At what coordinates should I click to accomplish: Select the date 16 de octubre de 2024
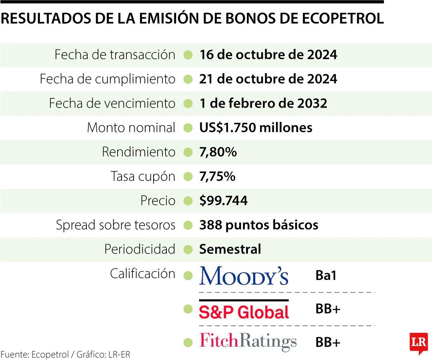tap(268, 55)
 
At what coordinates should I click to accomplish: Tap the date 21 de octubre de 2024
tap(268, 79)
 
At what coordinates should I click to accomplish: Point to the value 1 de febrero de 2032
tap(263, 104)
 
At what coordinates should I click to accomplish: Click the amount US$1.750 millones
tap(256, 128)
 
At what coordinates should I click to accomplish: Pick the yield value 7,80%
tap(218, 152)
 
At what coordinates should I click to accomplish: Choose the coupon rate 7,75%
tap(217, 177)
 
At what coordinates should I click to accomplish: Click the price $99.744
tap(223, 201)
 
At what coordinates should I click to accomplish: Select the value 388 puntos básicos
tap(258, 225)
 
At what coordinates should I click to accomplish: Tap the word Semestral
tap(230, 250)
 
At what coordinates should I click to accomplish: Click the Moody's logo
tap(244, 276)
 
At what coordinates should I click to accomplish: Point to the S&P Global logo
tap(244, 310)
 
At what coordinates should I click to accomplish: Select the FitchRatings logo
tap(248, 342)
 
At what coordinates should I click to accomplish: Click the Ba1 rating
tap(326, 276)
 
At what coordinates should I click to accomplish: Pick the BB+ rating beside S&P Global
tap(328, 310)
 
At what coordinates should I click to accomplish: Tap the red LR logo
tap(418, 343)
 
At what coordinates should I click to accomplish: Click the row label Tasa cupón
tap(143, 177)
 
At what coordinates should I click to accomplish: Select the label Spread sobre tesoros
tap(116, 225)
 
